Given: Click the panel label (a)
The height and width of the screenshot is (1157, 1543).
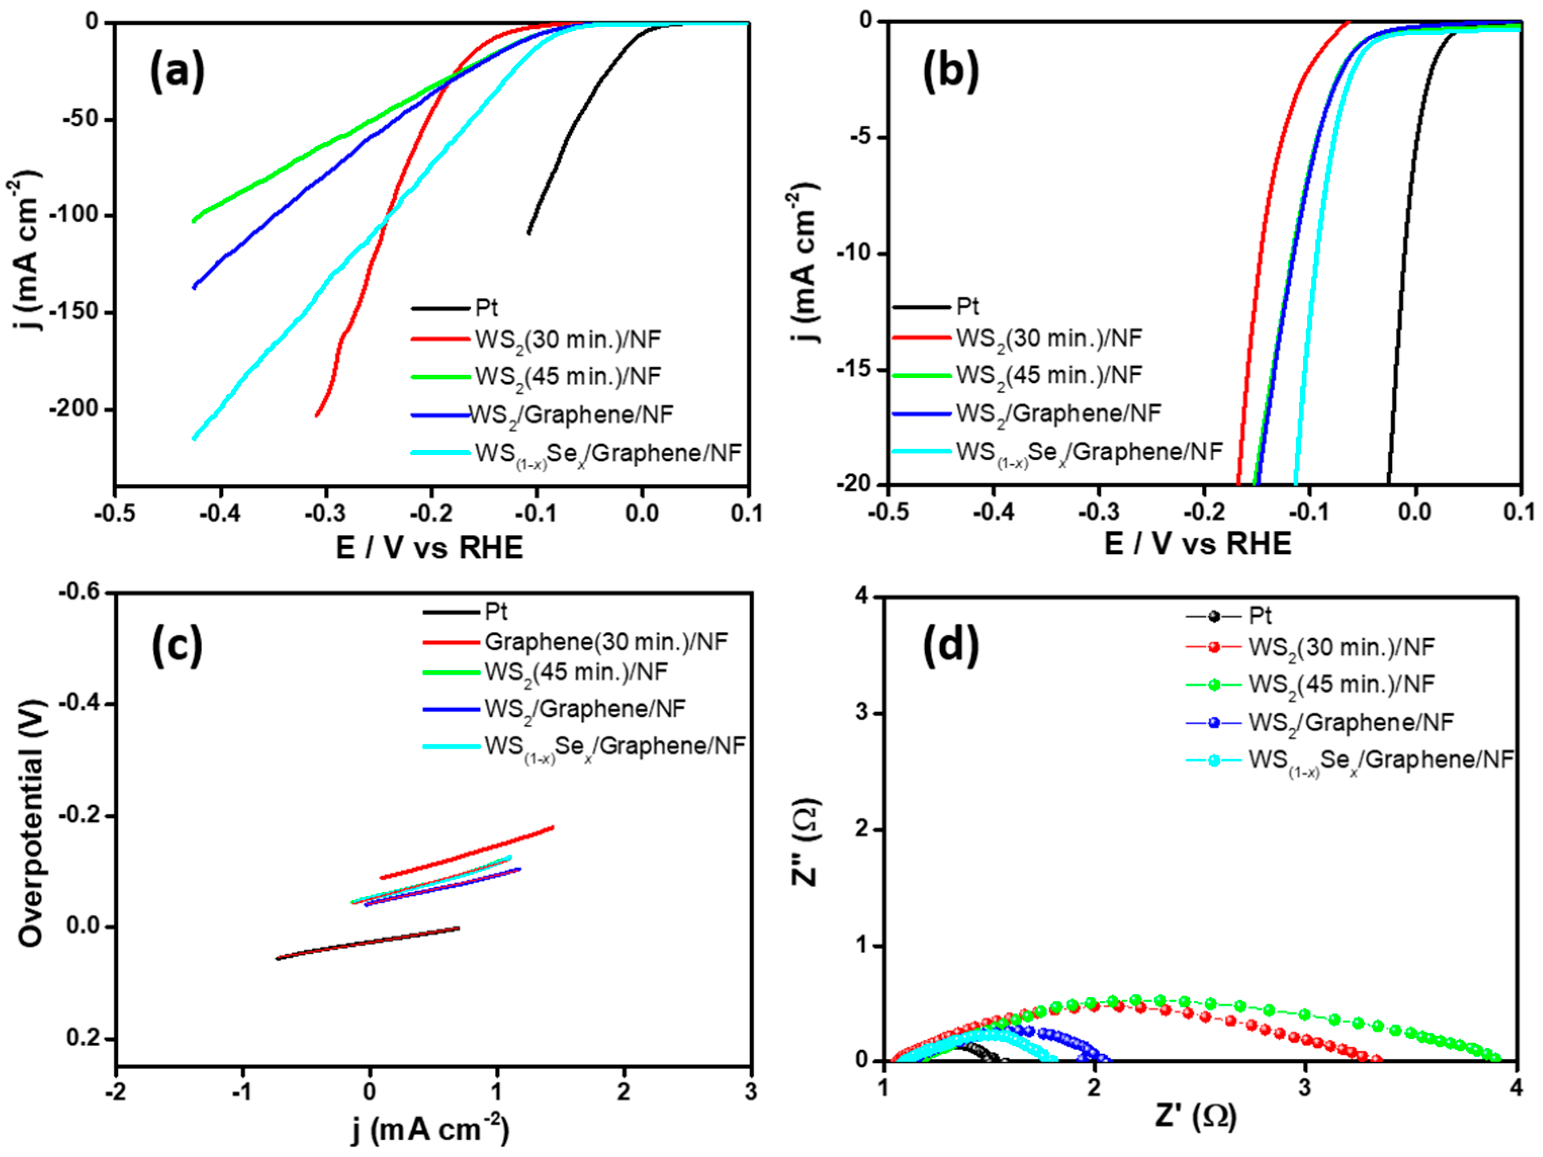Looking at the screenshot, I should tap(177, 72).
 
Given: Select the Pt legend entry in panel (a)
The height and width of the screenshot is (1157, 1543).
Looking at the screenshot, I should tap(486, 307).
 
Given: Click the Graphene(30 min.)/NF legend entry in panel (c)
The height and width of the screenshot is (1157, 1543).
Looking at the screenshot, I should tap(606, 641).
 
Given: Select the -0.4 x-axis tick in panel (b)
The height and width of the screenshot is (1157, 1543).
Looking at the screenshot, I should tap(993, 513).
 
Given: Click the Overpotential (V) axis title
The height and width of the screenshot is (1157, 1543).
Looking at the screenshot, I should tap(31, 823).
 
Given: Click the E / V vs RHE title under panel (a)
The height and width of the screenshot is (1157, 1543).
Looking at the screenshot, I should tap(430, 548).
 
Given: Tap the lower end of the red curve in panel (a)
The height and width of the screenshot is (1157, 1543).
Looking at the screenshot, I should tap(316, 415).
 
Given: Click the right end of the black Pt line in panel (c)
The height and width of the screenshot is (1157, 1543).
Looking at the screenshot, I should tap(458, 928).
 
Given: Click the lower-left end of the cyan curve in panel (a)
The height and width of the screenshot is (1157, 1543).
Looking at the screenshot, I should tap(194, 438).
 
